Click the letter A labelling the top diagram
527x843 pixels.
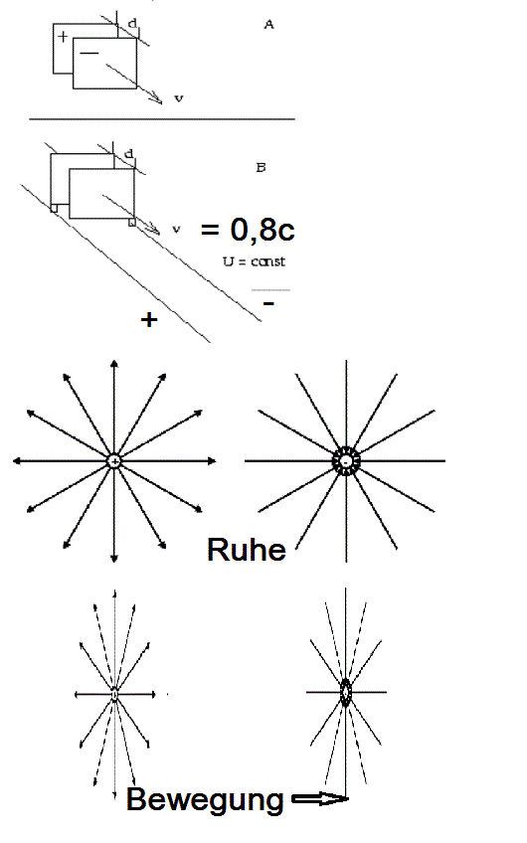point(268,24)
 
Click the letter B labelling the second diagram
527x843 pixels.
point(261,168)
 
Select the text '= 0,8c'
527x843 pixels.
point(248,230)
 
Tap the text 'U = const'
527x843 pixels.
point(254,261)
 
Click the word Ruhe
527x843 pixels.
point(247,550)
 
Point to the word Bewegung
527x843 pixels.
point(205,799)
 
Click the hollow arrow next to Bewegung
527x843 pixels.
point(319,799)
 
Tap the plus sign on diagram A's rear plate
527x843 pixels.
point(63,37)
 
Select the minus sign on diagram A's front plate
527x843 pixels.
point(89,53)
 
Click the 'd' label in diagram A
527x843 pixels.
point(132,23)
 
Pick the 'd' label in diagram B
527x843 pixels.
point(128,154)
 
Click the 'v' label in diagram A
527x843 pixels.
point(179,98)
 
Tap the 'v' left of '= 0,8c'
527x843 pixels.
point(176,229)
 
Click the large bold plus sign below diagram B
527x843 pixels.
point(149,320)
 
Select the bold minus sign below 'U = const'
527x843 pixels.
point(268,304)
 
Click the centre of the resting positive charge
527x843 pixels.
point(114,460)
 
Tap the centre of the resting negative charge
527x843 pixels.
point(346,461)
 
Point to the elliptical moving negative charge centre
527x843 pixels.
point(346,693)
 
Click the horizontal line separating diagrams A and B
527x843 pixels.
point(162,119)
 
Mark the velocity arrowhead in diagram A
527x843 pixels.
point(157,99)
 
